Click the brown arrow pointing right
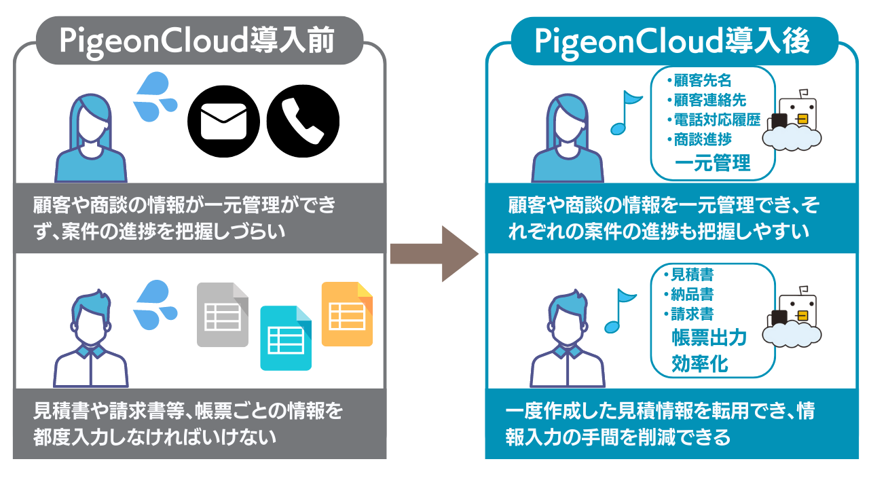(434, 254)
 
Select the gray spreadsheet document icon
(223, 314)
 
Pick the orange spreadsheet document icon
(347, 314)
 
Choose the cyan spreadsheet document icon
(286, 338)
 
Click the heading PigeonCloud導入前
(197, 42)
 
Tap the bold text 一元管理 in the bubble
(712, 164)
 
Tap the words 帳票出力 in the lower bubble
(709, 338)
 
